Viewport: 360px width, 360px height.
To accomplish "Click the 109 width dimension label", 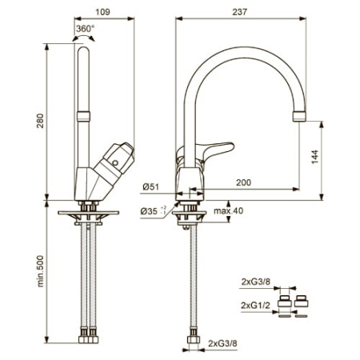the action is tap(102, 12).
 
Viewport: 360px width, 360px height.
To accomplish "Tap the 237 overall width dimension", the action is tap(240, 12).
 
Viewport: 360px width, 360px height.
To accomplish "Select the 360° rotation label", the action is tap(85, 29).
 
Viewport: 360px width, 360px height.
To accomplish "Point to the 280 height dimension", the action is tap(40, 121).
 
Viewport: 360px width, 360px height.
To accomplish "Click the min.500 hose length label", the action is tap(40, 271).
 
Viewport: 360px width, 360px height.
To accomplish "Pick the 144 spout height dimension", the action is tap(315, 157).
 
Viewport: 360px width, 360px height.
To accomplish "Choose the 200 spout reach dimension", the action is tap(243, 182).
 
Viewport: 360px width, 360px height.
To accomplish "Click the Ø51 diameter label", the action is tap(150, 187).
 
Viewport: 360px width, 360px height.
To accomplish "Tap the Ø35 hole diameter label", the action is tap(154, 211).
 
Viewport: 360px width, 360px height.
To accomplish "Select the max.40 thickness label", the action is tap(228, 211).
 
